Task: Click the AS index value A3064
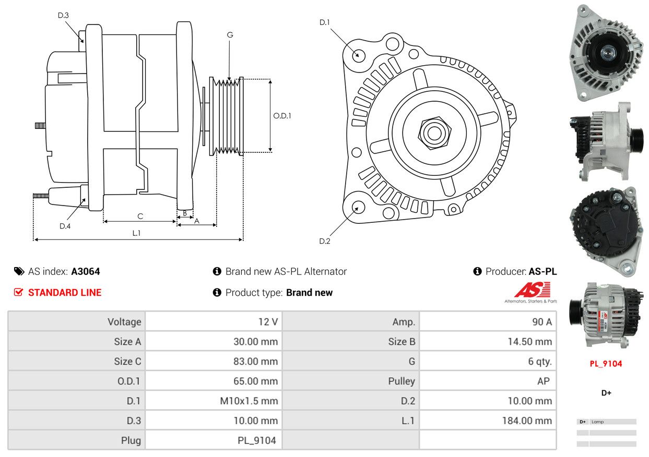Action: coord(85,271)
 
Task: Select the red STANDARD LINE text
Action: coord(64,293)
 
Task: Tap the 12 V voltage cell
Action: coord(267,322)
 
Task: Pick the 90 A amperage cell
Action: coord(541,322)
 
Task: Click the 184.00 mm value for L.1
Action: coord(527,420)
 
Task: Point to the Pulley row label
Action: coord(401,381)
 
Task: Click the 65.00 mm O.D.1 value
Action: coord(255,381)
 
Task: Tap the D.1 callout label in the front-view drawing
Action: coord(325,22)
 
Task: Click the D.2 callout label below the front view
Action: coord(325,241)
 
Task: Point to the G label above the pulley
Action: coord(230,35)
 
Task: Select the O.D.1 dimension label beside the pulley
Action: coord(282,115)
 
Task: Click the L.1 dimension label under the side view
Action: coord(136,233)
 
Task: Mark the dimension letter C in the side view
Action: coord(140,216)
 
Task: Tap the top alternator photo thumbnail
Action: coord(605,52)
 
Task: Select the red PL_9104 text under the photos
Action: coord(606,364)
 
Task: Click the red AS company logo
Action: coord(532,290)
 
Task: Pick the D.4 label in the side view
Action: coord(65,226)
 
